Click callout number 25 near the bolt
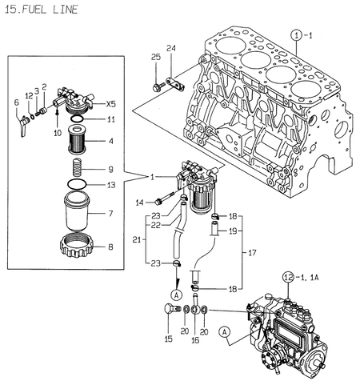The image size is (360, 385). [157, 55]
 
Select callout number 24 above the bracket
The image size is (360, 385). [171, 50]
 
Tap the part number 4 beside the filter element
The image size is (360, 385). [111, 142]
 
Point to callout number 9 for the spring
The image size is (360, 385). [111, 169]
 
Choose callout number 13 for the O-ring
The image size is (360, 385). [111, 185]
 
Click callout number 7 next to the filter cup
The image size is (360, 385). [111, 214]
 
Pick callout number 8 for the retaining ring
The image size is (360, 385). [111, 247]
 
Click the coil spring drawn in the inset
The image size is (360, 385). [78, 169]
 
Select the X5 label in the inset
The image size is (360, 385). [110, 104]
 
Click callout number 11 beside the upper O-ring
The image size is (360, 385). [111, 119]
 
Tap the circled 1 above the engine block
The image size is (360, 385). [296, 35]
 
